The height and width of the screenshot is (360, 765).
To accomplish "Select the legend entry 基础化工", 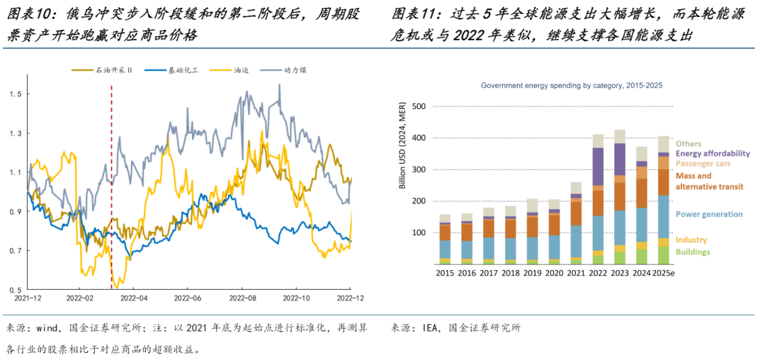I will pos(181,71).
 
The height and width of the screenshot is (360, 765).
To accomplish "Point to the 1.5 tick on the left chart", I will pos(16,94).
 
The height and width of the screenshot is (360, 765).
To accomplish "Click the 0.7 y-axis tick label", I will pos(16,251).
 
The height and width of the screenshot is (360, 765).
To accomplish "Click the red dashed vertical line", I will pos(112,184).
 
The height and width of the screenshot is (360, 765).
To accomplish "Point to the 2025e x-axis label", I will pos(663,273).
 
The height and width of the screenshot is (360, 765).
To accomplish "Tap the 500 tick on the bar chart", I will pos(419,107).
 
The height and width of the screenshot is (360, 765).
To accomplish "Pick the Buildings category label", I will pos(693,252).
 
